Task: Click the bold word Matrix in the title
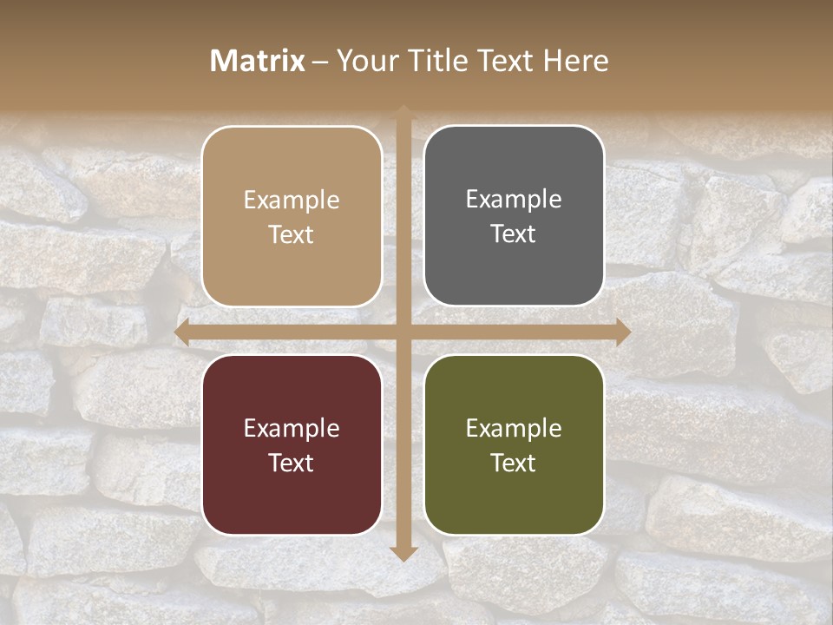point(258,61)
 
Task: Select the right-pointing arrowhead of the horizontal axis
point(621,332)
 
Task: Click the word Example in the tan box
point(292,201)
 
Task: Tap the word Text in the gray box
point(514,234)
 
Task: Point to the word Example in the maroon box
point(292,429)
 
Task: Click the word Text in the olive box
point(514,463)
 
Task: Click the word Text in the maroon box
point(292,463)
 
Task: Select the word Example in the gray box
point(514,200)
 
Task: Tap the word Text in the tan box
point(292,234)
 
